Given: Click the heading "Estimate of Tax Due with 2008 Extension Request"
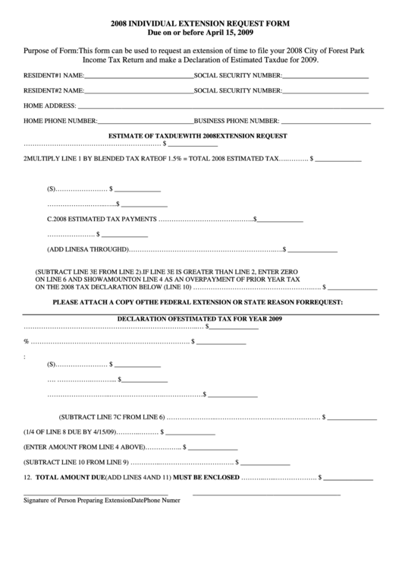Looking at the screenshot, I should (x=198, y=135).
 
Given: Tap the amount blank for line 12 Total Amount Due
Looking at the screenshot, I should (x=349, y=479).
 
